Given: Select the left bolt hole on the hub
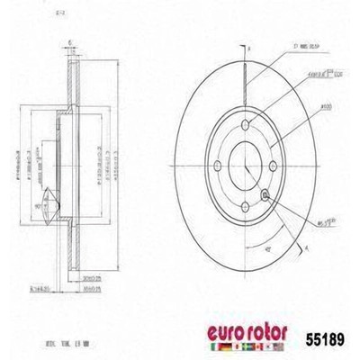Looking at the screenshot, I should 217,165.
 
